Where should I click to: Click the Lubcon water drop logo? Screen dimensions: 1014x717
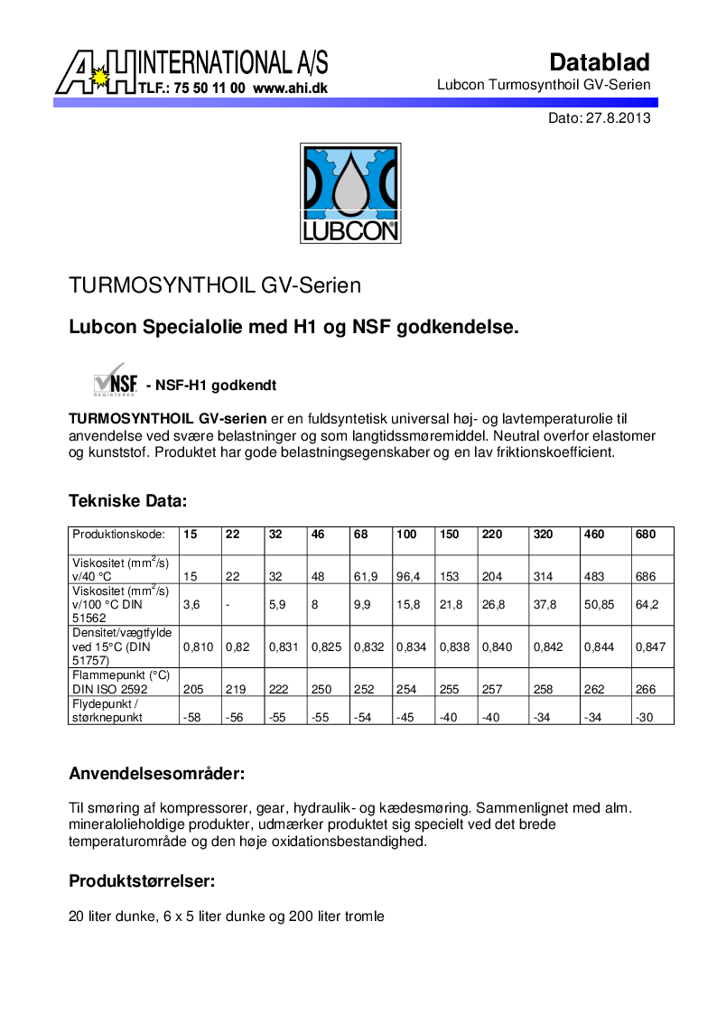tap(349, 193)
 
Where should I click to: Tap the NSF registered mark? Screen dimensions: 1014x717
tap(115, 380)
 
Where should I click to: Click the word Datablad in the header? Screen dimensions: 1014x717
tap(600, 62)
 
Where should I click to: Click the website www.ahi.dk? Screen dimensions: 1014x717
tap(290, 88)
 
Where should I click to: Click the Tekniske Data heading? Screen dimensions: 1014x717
tap(128, 500)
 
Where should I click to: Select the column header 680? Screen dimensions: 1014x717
tap(646, 535)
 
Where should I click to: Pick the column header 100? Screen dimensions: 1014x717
tap(406, 535)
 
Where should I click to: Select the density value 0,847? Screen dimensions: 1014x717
tap(650, 647)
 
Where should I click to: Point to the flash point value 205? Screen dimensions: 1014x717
tap(192, 688)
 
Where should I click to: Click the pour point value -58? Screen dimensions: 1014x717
tap(191, 717)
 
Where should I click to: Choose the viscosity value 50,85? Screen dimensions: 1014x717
tap(599, 604)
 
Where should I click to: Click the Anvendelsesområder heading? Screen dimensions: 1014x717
tap(157, 774)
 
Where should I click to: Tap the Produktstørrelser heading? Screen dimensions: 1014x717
tap(142, 880)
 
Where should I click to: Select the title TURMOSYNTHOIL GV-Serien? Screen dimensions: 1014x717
tap(215, 285)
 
